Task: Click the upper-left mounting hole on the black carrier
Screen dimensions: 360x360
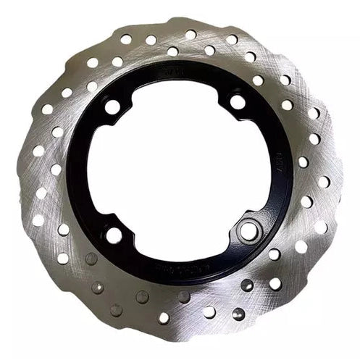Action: (x=112, y=107)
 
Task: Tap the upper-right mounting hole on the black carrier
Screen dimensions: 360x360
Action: (x=237, y=102)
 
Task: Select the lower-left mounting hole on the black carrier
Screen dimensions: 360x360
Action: (x=114, y=235)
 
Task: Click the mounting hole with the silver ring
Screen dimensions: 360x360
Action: (x=248, y=231)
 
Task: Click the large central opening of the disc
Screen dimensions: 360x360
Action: (x=178, y=169)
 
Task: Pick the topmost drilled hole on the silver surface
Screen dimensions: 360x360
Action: (x=190, y=34)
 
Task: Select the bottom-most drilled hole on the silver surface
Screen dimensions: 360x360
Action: (x=164, y=317)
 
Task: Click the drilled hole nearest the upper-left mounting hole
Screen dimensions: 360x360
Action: (x=92, y=86)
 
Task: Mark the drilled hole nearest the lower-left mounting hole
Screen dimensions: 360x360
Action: (x=91, y=258)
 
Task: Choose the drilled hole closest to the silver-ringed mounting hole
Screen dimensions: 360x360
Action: (x=274, y=254)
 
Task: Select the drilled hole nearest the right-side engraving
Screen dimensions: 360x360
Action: (x=304, y=162)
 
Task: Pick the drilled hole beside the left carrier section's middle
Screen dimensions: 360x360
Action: (x=56, y=169)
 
